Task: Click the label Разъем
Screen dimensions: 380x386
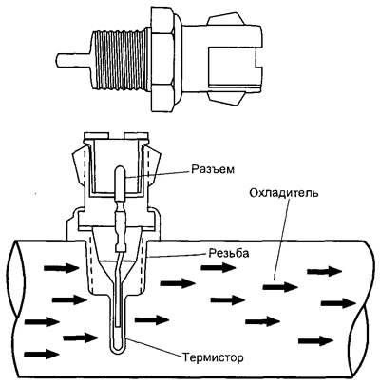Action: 213,169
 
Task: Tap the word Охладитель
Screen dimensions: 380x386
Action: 283,193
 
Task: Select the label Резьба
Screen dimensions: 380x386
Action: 229,253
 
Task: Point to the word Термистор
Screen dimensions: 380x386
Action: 213,358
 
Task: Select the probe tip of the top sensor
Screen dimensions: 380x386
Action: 73,60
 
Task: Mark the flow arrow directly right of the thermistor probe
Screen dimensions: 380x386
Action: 152,319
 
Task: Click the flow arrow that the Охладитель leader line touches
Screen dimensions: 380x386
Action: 280,287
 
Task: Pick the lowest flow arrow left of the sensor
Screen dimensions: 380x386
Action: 42,354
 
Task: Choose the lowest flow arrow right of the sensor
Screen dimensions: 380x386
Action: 316,341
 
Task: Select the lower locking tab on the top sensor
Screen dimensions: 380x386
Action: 226,98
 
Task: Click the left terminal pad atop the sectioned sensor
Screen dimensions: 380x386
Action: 97,136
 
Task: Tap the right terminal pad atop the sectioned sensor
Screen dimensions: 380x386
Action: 137,136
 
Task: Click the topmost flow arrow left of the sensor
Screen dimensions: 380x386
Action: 61,269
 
